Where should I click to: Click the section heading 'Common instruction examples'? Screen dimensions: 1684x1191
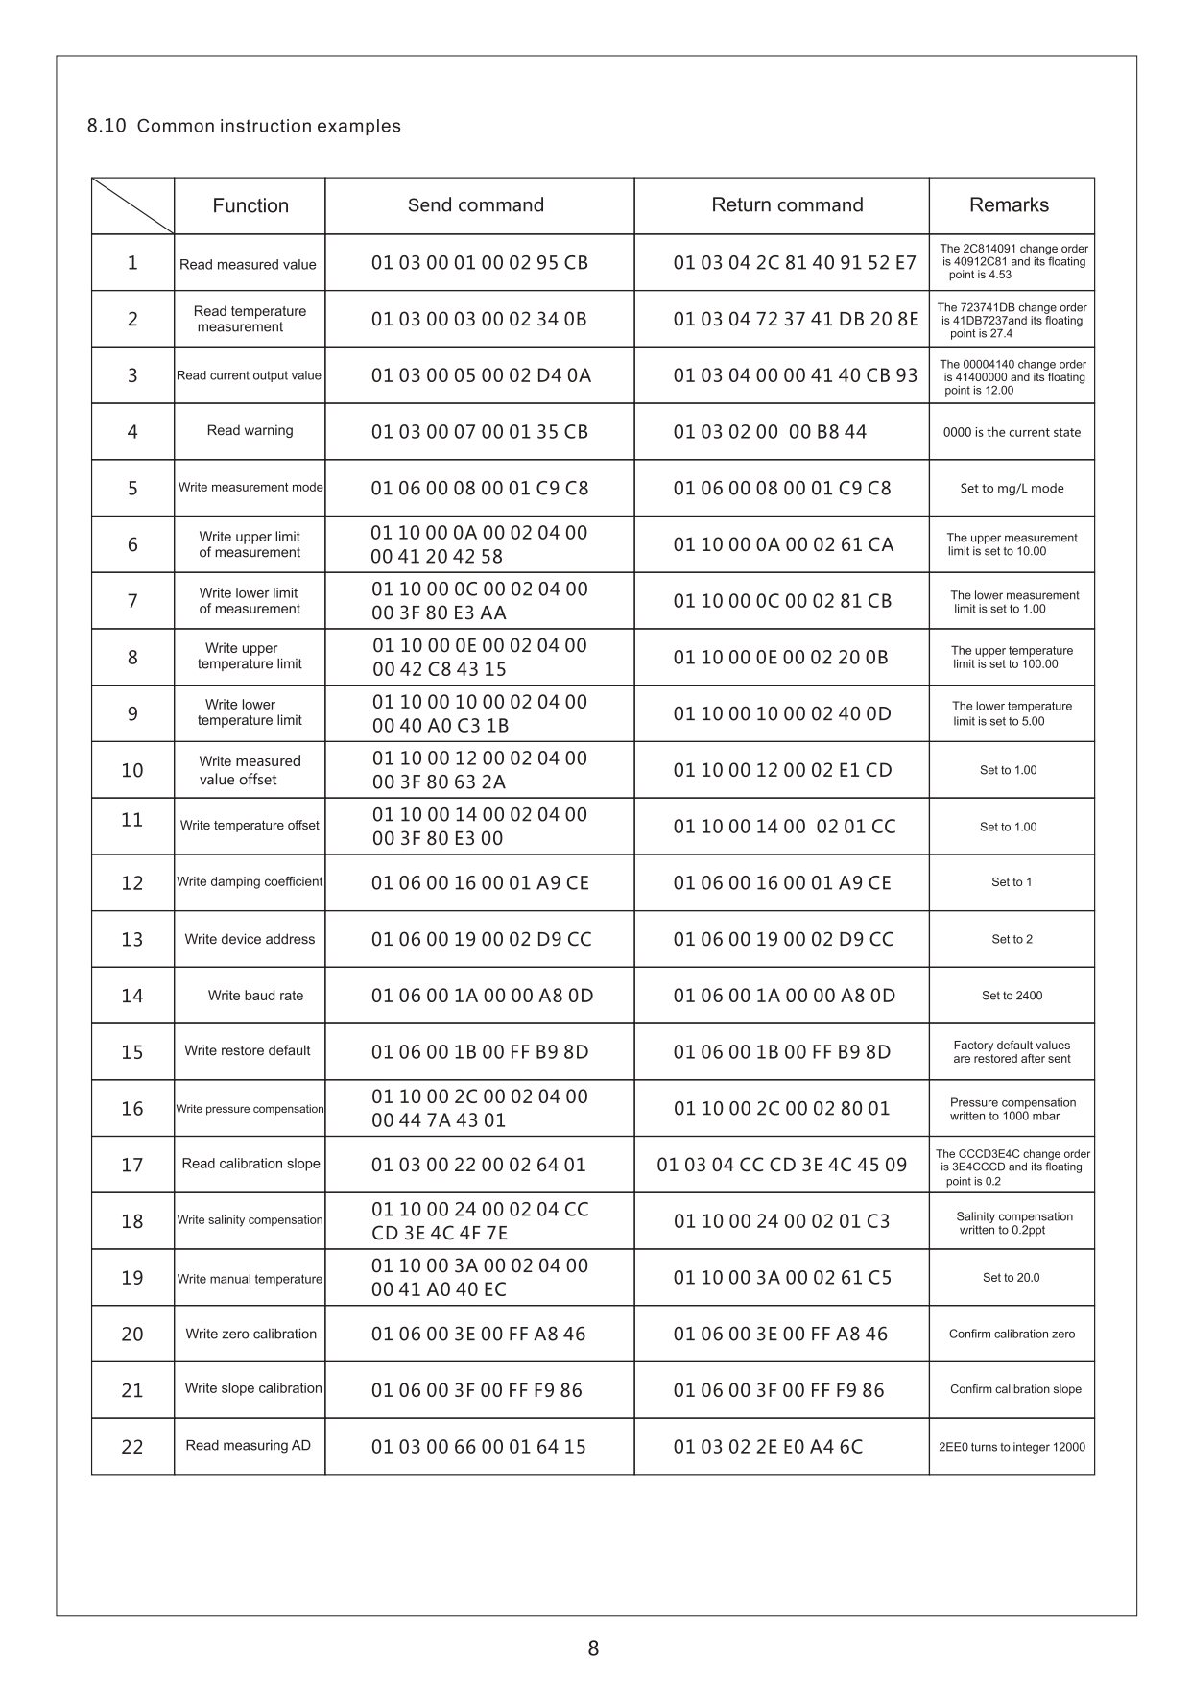pos(269,126)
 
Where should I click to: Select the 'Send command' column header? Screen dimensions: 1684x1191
pos(476,204)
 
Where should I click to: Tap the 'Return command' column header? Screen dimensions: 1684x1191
pos(787,204)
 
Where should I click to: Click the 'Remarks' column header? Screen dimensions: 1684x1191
pos(1009,204)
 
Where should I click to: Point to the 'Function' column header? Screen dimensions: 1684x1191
pos(250,205)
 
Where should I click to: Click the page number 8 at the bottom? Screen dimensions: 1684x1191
pos(593,1648)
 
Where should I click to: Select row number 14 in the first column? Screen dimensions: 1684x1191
pos(132,996)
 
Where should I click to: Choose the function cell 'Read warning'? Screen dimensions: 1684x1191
pos(250,430)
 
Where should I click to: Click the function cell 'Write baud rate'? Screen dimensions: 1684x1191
pos(255,996)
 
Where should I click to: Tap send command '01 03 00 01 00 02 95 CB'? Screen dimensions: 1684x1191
pos(480,263)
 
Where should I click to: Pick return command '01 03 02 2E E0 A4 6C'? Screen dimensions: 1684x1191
pos(768,1447)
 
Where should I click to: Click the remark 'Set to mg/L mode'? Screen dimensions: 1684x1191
pos(1012,488)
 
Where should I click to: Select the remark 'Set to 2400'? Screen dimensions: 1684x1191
pos(1012,996)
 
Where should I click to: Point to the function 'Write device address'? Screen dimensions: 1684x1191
pos(250,939)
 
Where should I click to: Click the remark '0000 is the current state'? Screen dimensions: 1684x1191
pos(1012,432)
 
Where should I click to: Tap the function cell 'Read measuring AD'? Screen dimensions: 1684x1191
pos(248,1445)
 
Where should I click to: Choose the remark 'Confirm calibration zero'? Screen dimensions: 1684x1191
pos(1012,1334)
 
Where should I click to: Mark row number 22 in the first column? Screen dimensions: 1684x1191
pos(132,1447)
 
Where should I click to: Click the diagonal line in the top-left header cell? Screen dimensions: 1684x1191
pos(132,205)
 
